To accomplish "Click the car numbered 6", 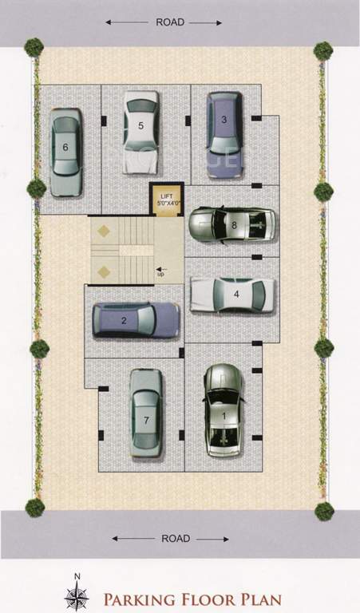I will click(x=65, y=152).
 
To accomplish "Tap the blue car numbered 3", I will click(x=225, y=125).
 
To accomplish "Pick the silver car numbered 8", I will click(x=232, y=225).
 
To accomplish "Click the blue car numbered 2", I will click(x=136, y=320).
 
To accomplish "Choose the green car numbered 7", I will click(x=146, y=413).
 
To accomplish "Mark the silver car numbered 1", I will click(x=224, y=410).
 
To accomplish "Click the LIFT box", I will click(x=166, y=199).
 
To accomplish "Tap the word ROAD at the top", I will click(x=171, y=22).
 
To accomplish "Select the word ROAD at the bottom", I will click(x=176, y=539).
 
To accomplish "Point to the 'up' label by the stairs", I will click(x=160, y=275).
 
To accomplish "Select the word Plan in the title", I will click(x=260, y=598).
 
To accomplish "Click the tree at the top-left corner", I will click(x=34, y=47).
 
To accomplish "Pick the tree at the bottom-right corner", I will click(x=323, y=511).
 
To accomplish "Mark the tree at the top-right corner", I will click(x=323, y=50).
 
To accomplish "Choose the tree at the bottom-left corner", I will click(x=34, y=507).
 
